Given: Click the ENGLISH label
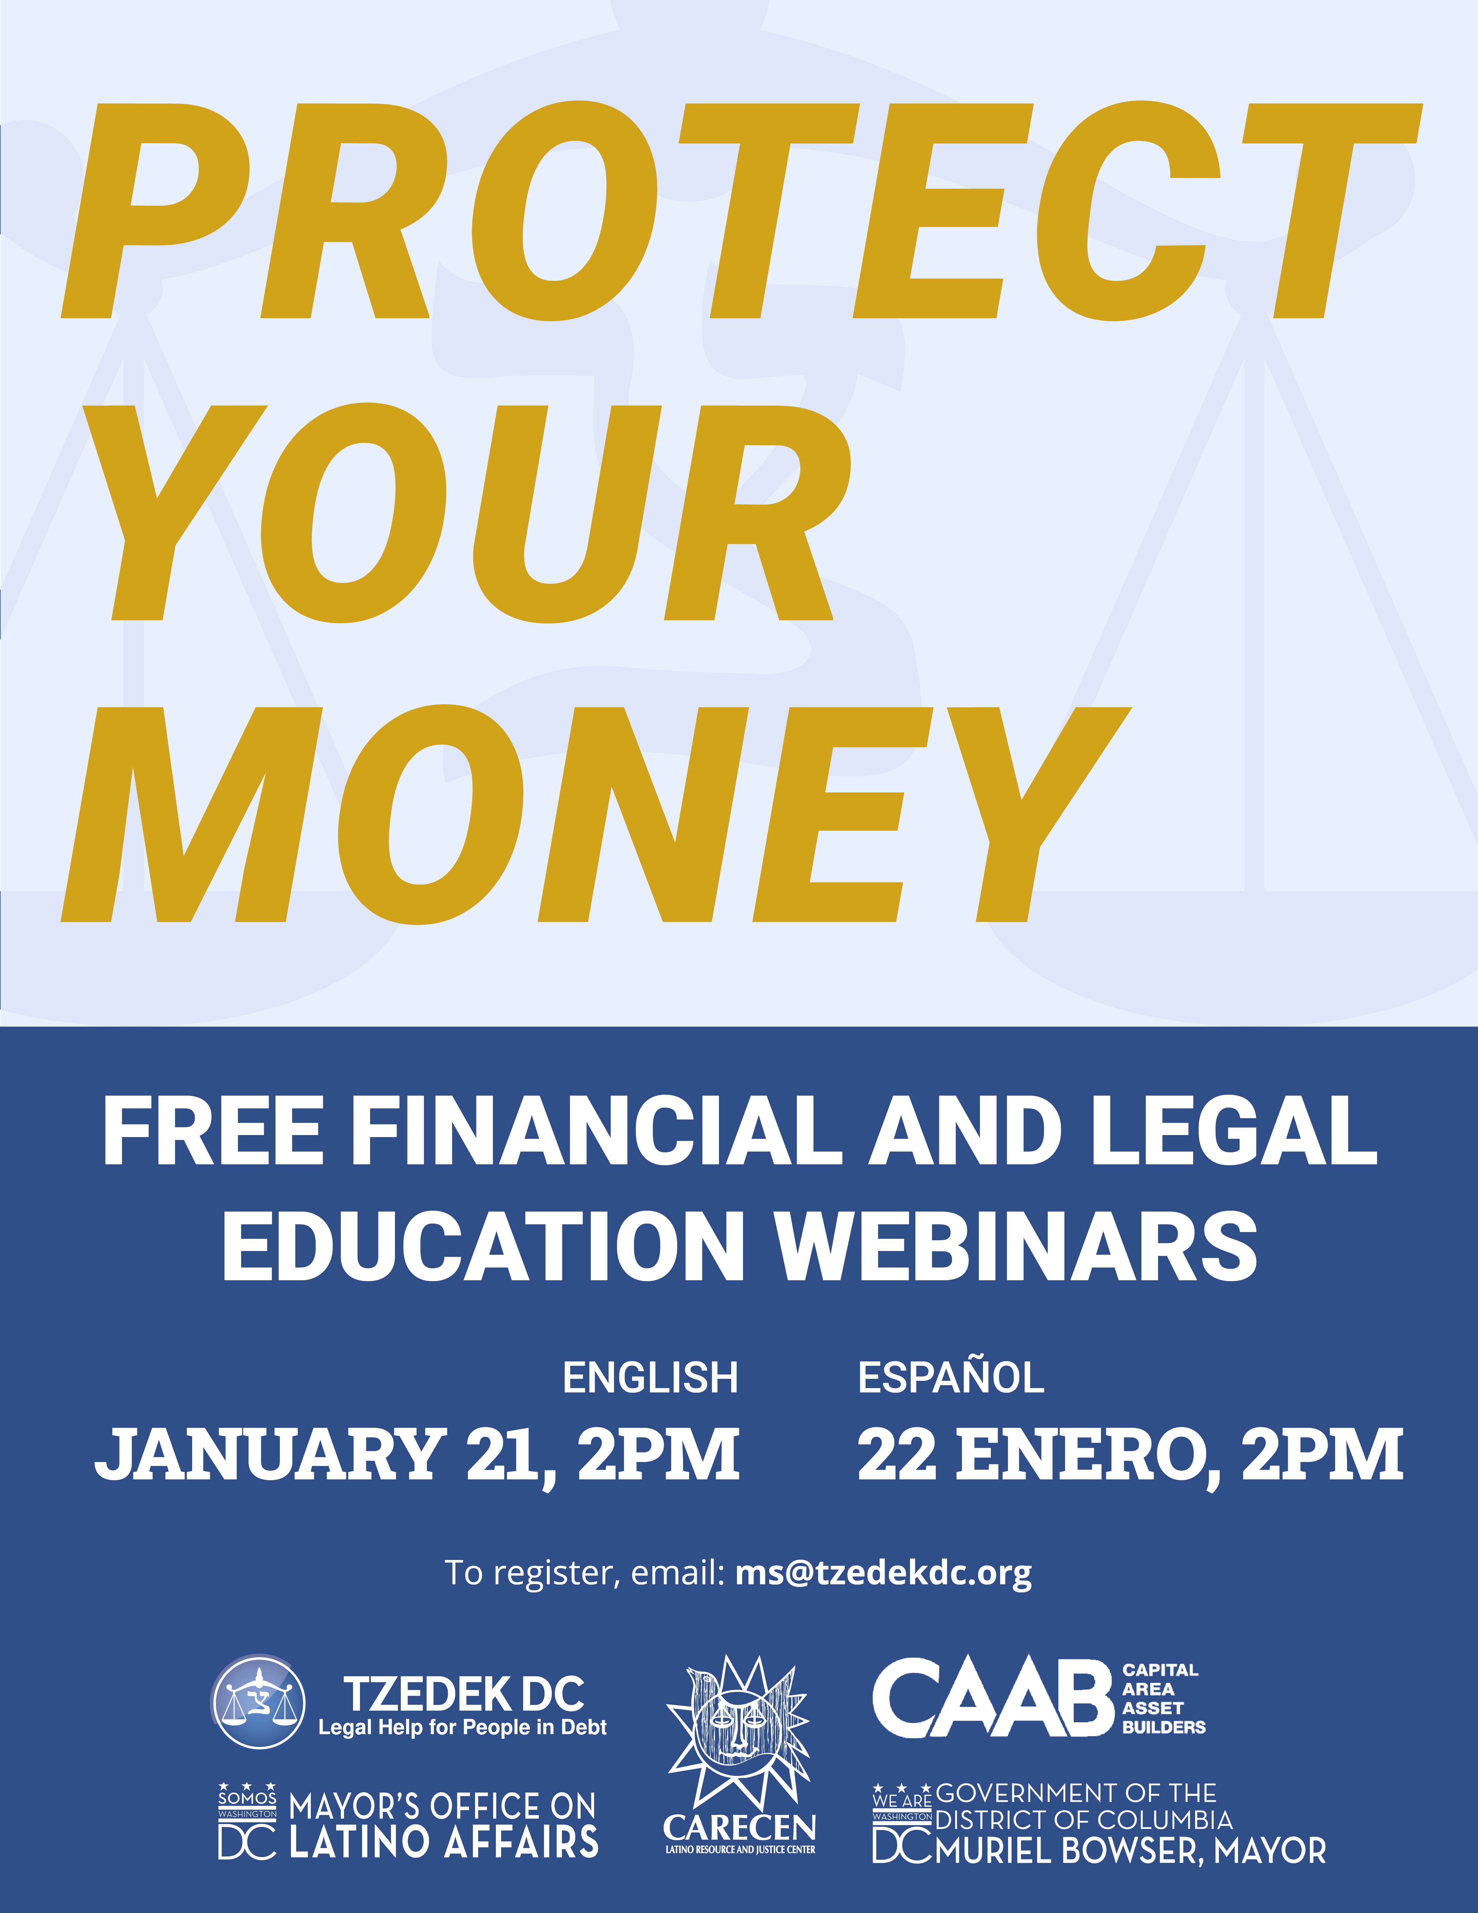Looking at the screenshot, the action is [x=651, y=1378].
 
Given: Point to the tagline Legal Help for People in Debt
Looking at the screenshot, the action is [x=462, y=1727].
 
